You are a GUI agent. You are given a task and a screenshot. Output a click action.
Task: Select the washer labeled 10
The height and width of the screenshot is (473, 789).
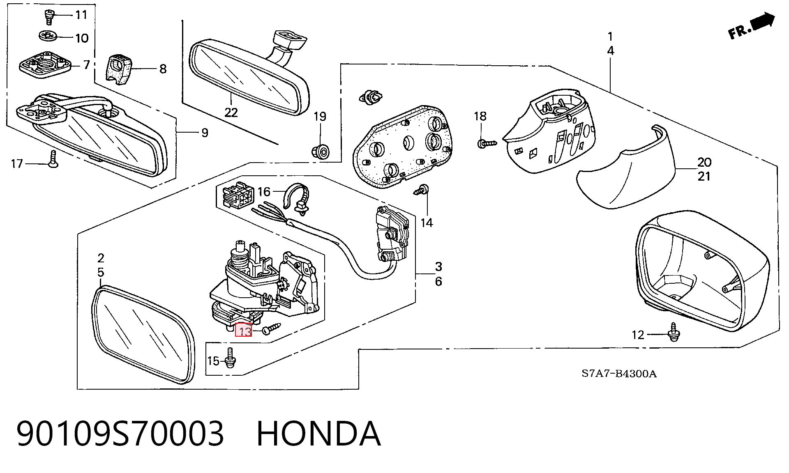[x=49, y=36]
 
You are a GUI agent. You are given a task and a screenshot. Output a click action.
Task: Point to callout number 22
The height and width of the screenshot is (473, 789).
[x=231, y=112]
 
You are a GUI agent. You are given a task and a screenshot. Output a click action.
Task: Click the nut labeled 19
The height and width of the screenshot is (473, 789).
[x=321, y=151]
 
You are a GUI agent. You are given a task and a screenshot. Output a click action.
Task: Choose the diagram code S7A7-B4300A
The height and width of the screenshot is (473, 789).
[x=619, y=374]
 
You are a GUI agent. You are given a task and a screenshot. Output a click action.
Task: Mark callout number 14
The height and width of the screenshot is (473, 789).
[x=427, y=223]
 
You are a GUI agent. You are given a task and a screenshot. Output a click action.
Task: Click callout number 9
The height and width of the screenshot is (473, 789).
[x=205, y=133]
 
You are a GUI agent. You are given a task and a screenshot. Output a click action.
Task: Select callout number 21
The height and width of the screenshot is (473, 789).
[x=704, y=176]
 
